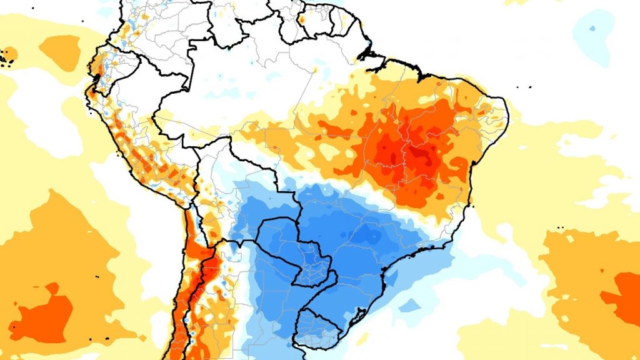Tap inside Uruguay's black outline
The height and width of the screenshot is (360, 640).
(x=316, y=329)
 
